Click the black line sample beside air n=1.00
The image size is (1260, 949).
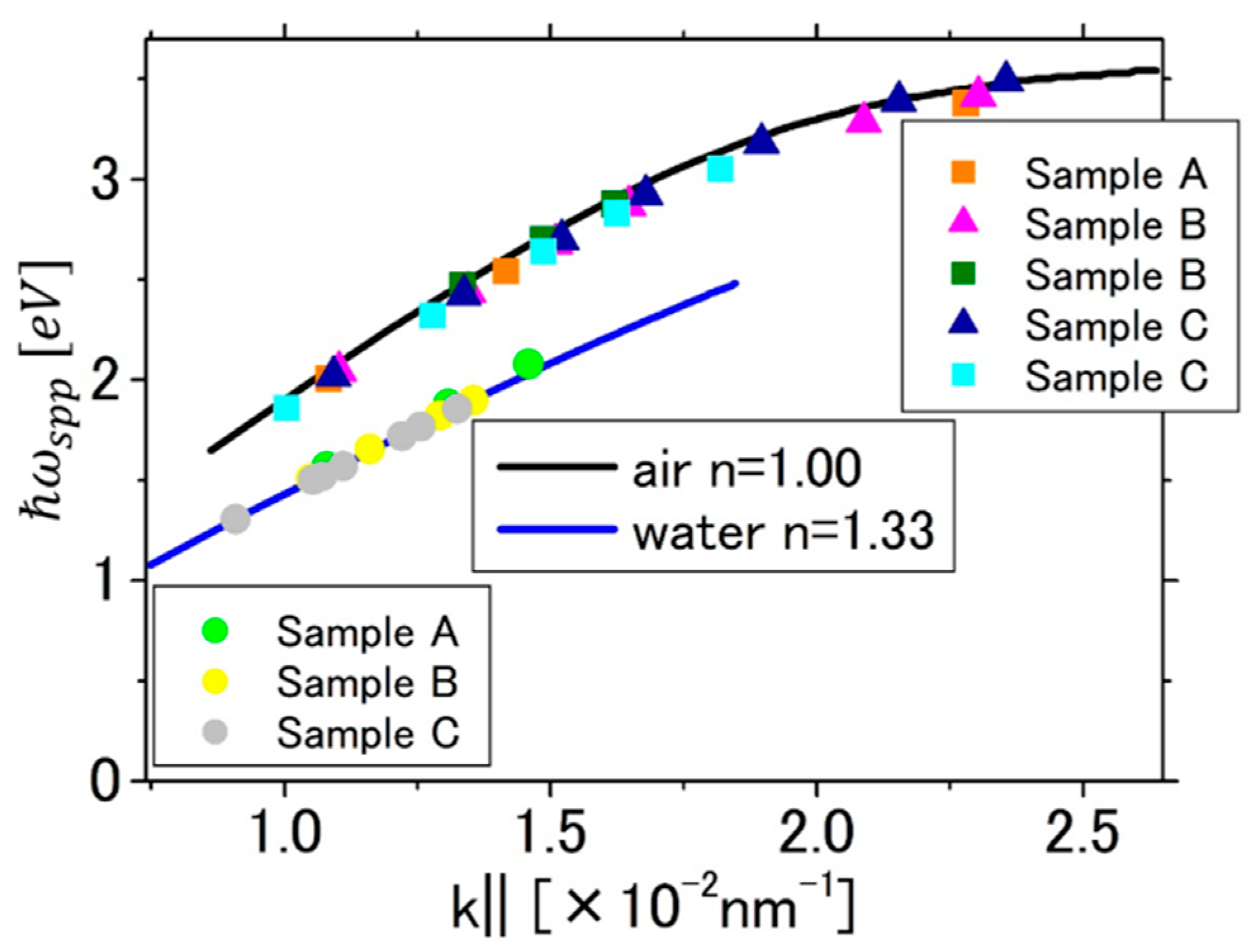point(556,468)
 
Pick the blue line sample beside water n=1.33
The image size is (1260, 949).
point(556,529)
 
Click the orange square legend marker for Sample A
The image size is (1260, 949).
point(963,172)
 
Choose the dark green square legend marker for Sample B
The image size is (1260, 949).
point(963,274)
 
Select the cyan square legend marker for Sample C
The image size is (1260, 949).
point(963,375)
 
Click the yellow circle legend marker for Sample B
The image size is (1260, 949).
point(215,682)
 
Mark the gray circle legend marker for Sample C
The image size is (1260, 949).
point(215,733)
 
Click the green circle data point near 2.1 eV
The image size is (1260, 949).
point(528,364)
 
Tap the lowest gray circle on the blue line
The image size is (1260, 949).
point(236,519)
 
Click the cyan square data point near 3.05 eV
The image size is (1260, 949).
point(720,169)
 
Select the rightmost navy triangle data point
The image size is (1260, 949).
point(1006,79)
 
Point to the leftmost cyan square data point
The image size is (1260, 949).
point(286,408)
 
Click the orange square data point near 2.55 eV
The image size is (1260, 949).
point(506,271)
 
